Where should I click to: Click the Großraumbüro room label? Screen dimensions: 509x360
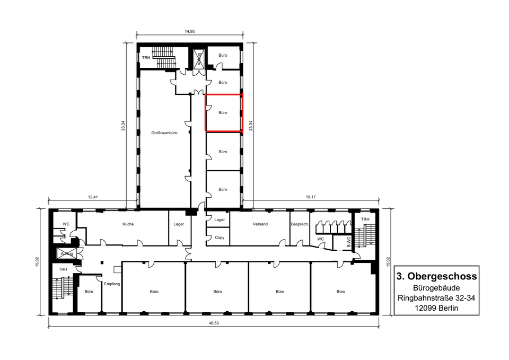click(164, 133)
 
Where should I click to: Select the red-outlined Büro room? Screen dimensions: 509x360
click(224, 112)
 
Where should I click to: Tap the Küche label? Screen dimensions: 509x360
click(128, 224)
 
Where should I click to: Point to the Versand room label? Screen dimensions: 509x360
click(260, 224)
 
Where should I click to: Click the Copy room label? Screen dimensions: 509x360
click(220, 238)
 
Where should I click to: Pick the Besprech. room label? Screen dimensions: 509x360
click(300, 224)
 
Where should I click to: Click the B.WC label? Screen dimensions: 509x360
click(349, 242)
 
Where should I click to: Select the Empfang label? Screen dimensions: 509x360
click(112, 284)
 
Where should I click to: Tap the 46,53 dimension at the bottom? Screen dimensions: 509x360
click(214, 323)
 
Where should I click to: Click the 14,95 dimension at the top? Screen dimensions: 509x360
click(190, 31)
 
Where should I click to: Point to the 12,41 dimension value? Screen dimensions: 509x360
click(92, 197)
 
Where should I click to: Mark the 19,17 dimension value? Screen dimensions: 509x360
click(311, 197)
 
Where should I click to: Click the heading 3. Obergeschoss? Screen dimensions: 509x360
click(436, 276)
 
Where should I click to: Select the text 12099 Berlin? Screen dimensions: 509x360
click(436, 308)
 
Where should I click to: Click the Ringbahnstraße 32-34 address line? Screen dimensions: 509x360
click(436, 297)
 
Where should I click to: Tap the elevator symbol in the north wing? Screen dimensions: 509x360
click(199, 59)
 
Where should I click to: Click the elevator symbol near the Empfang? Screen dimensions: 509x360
click(67, 253)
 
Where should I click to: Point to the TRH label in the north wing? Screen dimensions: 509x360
click(146, 58)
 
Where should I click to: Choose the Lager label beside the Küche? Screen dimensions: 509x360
click(179, 224)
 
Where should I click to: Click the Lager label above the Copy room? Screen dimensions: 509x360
click(220, 220)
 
